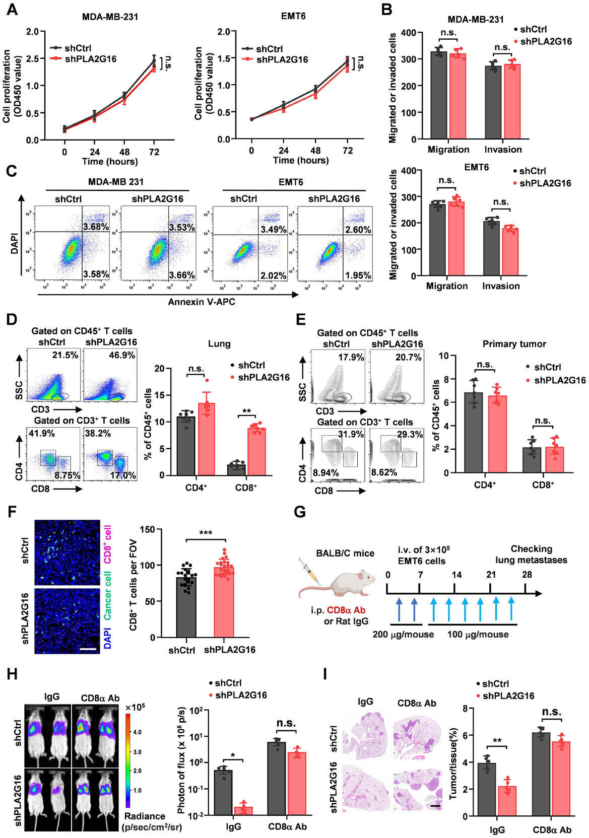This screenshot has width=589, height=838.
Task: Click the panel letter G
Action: click(299, 512)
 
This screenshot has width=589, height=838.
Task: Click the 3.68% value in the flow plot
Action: click(96, 227)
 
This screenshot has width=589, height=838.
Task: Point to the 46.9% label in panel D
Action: click(122, 355)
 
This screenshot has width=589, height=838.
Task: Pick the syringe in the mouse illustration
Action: click(309, 569)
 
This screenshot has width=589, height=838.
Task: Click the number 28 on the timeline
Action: click(527, 575)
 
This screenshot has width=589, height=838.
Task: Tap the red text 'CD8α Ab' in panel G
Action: click(346, 610)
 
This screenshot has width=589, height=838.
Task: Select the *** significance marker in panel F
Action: click(206, 533)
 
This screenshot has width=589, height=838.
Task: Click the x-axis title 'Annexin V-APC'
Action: click(202, 302)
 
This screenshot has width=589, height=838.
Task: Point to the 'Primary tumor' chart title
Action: click(514, 344)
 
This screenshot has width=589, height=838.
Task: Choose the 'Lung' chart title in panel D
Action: click(219, 344)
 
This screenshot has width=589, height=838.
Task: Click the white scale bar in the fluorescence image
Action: click(88, 649)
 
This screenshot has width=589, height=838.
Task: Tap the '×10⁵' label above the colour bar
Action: click(135, 707)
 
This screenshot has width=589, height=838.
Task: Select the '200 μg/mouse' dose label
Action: click(403, 635)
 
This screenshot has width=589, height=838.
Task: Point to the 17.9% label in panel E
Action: click(351, 357)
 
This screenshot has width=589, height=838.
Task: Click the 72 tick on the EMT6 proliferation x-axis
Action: click(348, 151)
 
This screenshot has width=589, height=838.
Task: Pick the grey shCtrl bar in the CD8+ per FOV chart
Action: click(186, 607)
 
